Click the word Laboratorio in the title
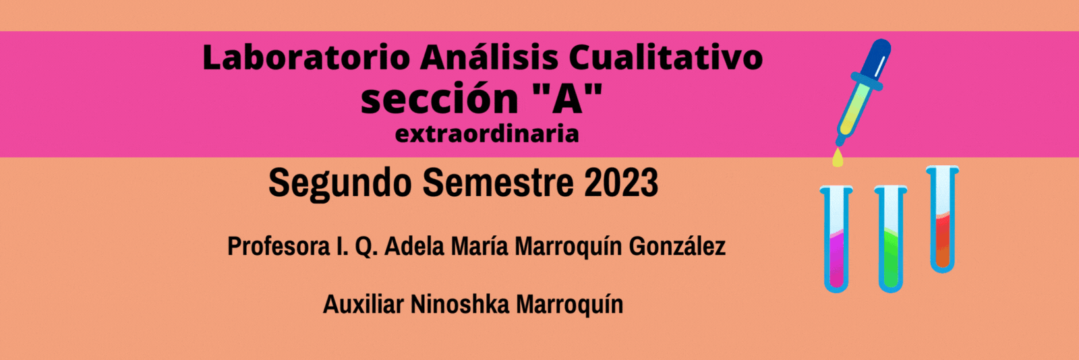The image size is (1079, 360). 306,58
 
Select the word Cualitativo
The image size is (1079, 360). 666,58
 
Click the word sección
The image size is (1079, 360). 439,98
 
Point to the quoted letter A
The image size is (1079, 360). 568,98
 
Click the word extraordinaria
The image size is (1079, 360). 487,134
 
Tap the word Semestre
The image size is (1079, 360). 498,183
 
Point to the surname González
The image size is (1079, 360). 677,246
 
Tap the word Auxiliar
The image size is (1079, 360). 363,304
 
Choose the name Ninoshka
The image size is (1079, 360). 459,304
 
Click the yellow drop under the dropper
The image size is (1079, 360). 838,158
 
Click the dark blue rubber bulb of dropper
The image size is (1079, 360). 873,60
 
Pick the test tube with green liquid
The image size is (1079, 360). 891,239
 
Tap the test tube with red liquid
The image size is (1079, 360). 943,219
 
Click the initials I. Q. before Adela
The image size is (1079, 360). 357,247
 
